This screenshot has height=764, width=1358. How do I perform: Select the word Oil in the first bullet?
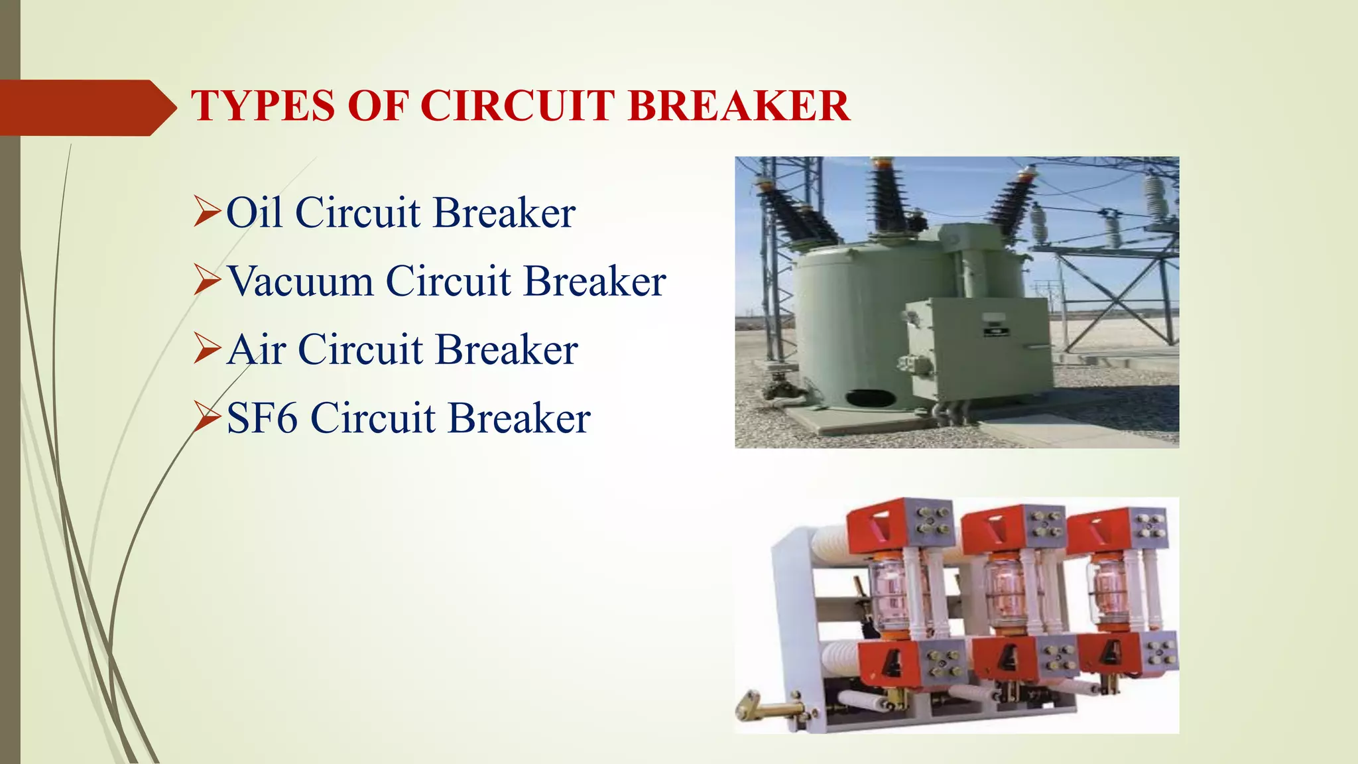point(255,213)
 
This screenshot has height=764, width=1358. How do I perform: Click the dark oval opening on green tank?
point(870,399)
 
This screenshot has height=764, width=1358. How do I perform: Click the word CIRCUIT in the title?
point(518,106)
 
